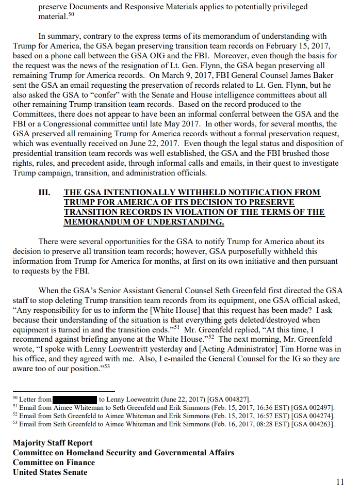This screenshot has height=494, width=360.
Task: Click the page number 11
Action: click(x=339, y=482)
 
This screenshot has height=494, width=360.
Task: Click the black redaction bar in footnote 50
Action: click(x=75, y=399)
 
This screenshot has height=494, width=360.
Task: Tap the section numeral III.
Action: click(x=44, y=193)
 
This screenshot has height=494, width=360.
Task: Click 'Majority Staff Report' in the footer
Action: click(x=53, y=443)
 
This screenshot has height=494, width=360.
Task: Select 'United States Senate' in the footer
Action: click(x=50, y=472)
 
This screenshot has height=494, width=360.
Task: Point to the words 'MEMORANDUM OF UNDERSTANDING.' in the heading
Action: click(x=144, y=222)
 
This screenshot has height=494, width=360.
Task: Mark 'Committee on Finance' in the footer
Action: click(x=54, y=463)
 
